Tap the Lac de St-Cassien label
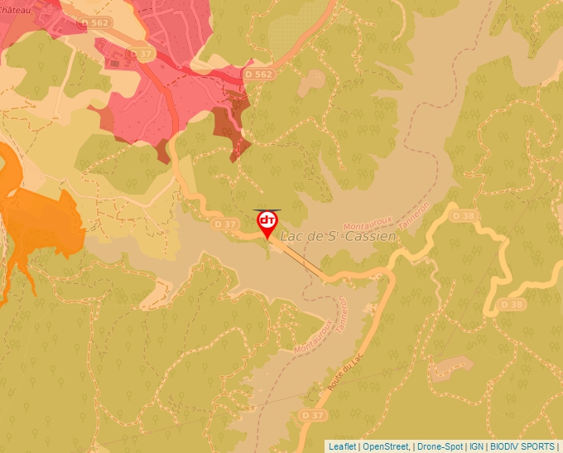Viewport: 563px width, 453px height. [339, 236]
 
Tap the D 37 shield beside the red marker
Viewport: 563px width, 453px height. [225, 224]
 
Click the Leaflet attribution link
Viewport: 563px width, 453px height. [342, 446]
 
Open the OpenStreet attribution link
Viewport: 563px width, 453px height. [385, 446]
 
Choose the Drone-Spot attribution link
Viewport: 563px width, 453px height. [440, 446]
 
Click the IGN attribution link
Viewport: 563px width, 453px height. [477, 446]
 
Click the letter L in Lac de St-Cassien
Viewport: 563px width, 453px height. [286, 237]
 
